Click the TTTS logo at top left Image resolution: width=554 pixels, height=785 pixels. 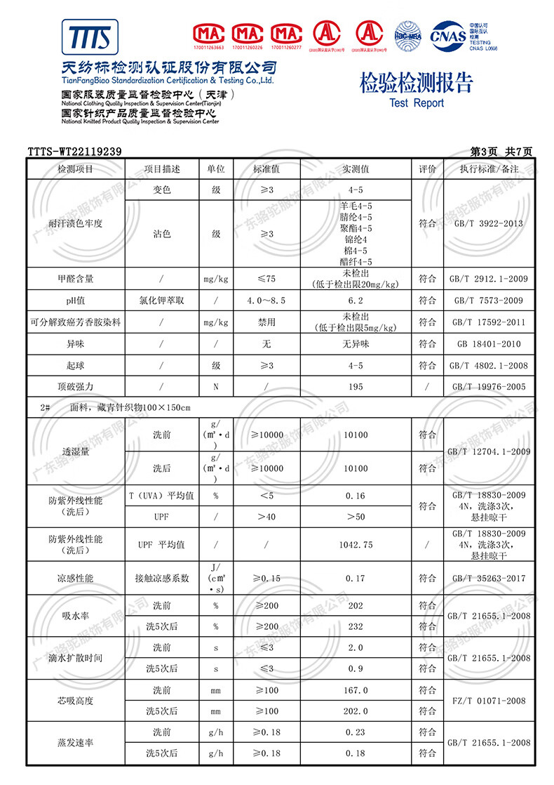90,37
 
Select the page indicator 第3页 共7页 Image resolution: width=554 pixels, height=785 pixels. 501,152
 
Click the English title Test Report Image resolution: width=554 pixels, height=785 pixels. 417,103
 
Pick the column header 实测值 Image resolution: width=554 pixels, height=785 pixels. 356,169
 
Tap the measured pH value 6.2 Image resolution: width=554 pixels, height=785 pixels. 356,301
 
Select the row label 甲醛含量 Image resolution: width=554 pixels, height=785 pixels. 75,279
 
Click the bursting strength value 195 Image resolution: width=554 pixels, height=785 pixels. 356,387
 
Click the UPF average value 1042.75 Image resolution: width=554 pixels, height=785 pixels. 356,545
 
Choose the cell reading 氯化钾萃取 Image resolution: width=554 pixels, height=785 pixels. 162,301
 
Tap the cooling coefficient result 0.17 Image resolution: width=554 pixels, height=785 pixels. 356,579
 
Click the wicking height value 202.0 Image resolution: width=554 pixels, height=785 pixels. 356,711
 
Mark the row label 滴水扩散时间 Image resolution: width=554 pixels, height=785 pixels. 75,658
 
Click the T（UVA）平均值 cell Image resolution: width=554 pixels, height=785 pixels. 162,496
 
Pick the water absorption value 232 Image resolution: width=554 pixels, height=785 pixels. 356,626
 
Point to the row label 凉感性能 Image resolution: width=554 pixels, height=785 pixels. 75,579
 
